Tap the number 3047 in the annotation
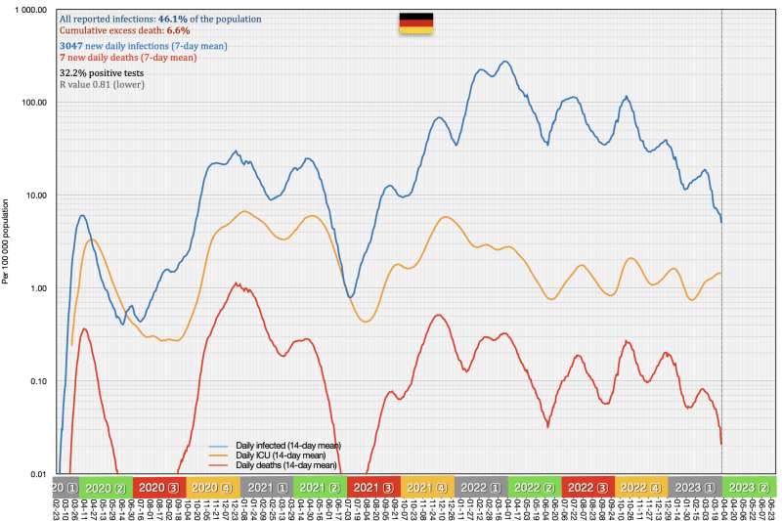click(x=74, y=46)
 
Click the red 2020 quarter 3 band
click(x=157, y=487)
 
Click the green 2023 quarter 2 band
click(x=747, y=487)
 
